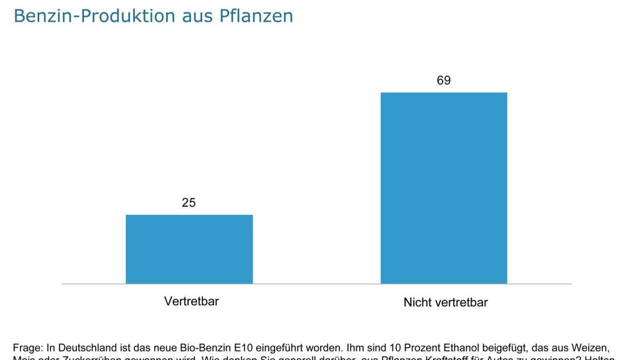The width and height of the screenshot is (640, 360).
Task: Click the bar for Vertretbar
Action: click(189, 249)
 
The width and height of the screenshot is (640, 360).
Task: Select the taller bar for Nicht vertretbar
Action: click(444, 188)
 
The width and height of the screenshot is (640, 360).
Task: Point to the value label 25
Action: click(189, 203)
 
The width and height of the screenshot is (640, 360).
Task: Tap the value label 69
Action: click(444, 81)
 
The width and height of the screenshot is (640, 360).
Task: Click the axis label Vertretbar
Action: click(191, 301)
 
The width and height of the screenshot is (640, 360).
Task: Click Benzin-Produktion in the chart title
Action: click(94, 16)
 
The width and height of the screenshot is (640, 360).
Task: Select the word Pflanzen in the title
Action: click(256, 16)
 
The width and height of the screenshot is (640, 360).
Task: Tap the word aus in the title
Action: click(197, 16)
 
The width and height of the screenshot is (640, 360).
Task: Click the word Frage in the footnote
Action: click(27, 347)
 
